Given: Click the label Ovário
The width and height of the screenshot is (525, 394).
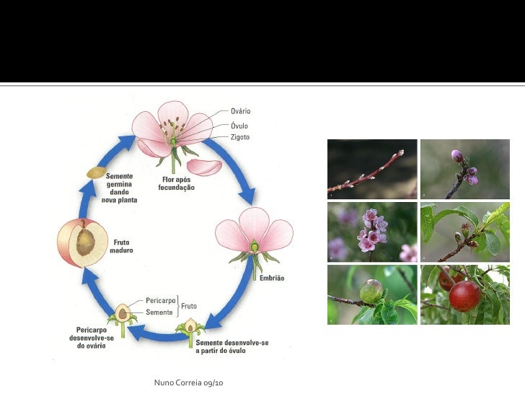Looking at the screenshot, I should [x=240, y=111].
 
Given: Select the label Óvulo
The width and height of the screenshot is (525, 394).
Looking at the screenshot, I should [x=239, y=124].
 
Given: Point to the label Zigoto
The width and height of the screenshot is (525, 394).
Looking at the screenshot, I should [x=240, y=136].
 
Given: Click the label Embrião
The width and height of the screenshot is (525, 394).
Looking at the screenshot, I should [x=272, y=279].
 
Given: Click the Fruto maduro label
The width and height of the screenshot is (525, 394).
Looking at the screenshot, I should [x=121, y=246].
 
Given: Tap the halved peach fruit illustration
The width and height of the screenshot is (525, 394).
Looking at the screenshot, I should [x=82, y=242].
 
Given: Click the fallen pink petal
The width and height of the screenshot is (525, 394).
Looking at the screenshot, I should [x=204, y=167].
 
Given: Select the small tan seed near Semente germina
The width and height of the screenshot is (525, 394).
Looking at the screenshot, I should [x=96, y=172].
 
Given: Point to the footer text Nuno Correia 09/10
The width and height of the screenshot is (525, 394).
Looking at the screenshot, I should [x=189, y=380].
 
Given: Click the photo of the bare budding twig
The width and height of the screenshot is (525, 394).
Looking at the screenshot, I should [x=371, y=169].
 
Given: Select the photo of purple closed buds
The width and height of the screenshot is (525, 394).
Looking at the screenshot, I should [x=464, y=169].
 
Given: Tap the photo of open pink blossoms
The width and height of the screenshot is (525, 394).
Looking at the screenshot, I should [x=371, y=232].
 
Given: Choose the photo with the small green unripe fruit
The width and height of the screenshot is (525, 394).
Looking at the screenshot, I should [x=371, y=294].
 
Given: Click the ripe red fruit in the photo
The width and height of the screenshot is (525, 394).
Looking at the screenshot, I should [x=465, y=295].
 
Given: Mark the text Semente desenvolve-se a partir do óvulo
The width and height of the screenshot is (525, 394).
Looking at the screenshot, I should [x=232, y=346].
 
